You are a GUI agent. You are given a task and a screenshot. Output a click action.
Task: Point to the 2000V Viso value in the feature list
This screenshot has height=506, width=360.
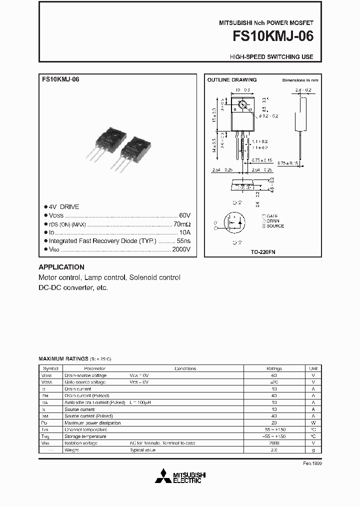[x=179, y=249]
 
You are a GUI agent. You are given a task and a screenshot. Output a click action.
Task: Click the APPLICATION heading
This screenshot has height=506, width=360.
[x=61, y=267]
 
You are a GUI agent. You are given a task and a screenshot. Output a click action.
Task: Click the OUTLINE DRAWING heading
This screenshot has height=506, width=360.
[x=232, y=80]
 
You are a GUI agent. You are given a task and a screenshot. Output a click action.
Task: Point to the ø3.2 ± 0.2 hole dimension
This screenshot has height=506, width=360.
[x=269, y=116]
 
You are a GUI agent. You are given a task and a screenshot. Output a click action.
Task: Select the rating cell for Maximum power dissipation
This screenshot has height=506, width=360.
[x=273, y=422]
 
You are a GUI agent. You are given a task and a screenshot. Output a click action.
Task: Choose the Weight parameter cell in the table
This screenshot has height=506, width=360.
[x=71, y=450]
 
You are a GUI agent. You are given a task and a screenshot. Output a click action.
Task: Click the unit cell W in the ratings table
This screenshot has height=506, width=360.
[x=313, y=422]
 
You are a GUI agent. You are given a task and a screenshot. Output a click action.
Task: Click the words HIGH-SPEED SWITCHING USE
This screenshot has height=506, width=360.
[x=271, y=57]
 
